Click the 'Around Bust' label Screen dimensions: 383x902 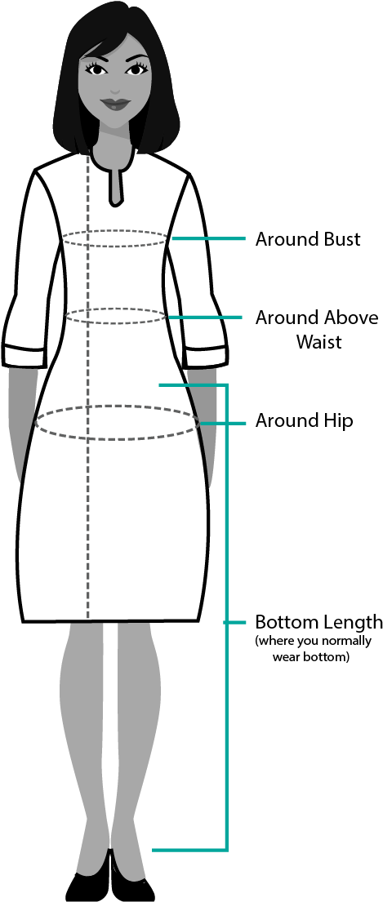pos(308,238)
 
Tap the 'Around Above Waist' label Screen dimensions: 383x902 pos(317,329)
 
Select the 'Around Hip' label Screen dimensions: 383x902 pos(305,421)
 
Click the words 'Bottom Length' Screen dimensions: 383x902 pos(318,623)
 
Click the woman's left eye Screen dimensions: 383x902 pos(135,69)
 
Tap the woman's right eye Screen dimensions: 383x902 pos(96,69)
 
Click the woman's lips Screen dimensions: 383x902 pos(116,104)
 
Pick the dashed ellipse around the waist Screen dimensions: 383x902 pos(116,309)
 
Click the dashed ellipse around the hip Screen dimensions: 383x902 pos(118,407)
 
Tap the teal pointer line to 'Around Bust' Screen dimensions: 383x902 pos(208,238)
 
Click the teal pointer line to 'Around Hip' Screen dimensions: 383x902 pos(222,424)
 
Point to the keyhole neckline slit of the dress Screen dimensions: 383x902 pos(116,186)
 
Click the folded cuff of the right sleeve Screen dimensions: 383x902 pos(24,356)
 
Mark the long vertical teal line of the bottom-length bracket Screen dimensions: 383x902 pos(226,617)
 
